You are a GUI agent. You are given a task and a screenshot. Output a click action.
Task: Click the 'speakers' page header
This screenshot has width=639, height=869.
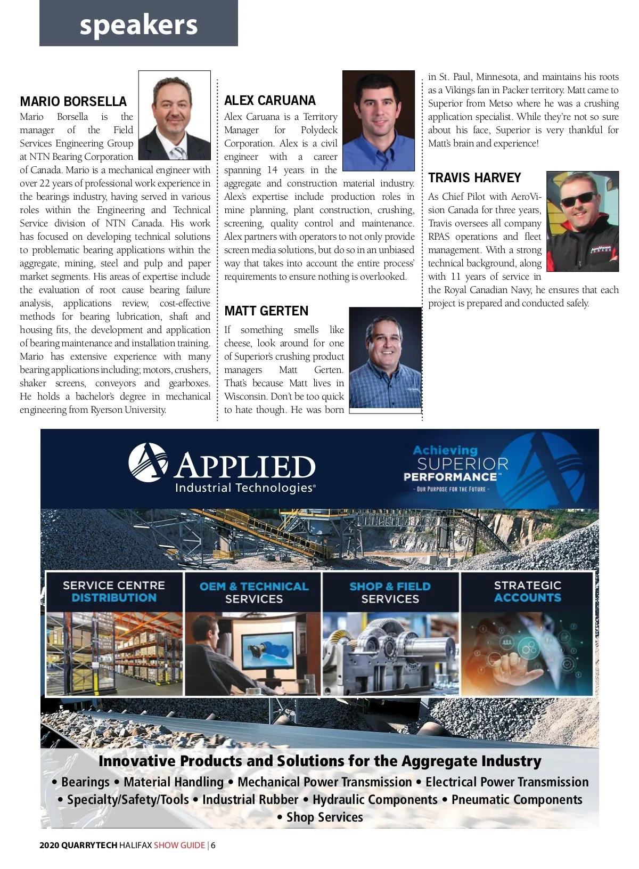pos(138,25)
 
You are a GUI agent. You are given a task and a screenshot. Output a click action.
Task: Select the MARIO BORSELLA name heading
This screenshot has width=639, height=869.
pos(73,101)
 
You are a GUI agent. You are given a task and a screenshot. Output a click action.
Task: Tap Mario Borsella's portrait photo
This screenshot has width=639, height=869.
pos(174,115)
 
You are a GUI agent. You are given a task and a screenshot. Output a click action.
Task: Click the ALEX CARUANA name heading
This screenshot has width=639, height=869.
pos(269,100)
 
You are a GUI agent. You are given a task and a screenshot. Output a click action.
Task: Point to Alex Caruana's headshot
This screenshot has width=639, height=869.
pos(378,120)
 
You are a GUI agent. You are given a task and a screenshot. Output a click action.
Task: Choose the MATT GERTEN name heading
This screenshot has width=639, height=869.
pos(266,311)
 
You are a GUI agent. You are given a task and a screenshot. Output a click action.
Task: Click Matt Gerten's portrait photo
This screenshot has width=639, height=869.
pos(385,358)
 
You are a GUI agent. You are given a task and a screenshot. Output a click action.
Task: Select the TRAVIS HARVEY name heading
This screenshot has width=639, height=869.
pos(474,177)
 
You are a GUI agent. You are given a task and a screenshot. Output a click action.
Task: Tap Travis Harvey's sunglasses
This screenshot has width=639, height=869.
pos(578,199)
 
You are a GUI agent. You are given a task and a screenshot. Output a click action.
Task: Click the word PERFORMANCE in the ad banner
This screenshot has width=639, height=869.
pos(450,477)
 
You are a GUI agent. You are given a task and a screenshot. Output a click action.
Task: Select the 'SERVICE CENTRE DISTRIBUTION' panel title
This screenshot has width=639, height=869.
pos(114,591)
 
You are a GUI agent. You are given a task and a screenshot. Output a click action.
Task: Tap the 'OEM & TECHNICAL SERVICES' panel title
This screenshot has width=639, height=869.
pos(253,592)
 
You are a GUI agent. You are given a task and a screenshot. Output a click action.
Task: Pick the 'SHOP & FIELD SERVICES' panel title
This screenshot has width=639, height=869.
pos(390,592)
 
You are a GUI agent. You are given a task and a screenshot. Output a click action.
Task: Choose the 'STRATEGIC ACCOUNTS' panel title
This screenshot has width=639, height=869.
pos(527,591)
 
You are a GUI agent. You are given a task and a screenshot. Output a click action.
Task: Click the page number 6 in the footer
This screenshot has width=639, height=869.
pos(213,845)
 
